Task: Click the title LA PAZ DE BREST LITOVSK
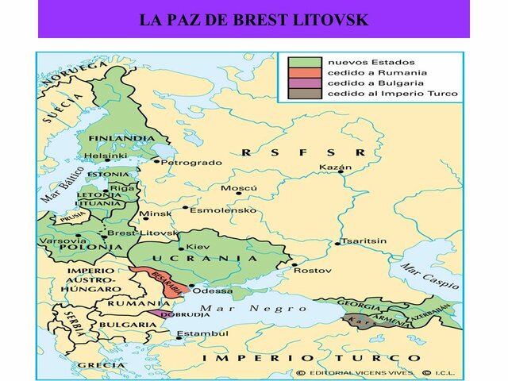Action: (253, 19)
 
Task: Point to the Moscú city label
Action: (239, 189)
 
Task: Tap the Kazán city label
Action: (334, 167)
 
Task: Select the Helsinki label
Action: (106, 156)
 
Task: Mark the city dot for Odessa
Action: (191, 285)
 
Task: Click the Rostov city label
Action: (313, 271)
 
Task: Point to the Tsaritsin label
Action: (363, 241)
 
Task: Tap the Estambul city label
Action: (195, 333)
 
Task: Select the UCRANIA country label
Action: (206, 258)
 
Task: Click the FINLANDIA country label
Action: (121, 138)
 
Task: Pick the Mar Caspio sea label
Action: (429, 276)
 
